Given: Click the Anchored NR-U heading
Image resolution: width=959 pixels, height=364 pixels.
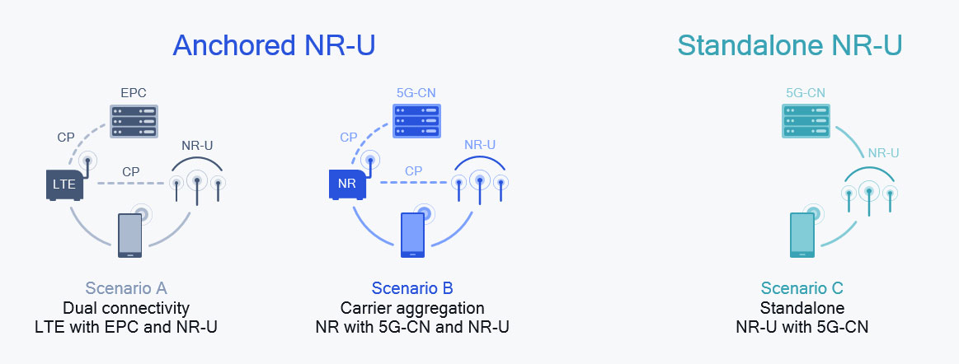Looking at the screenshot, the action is pyautogui.click(x=274, y=46).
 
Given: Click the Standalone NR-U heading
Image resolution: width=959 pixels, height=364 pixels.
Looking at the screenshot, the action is pyautogui.click(x=790, y=46).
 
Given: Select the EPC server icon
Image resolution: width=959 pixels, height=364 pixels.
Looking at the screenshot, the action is pyautogui.click(x=134, y=122).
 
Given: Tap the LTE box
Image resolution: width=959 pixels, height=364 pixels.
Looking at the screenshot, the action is pyautogui.click(x=64, y=185).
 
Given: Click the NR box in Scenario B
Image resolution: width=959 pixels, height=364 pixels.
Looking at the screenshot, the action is pyautogui.click(x=347, y=185).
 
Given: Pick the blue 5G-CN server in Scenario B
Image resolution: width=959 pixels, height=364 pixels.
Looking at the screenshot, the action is pyautogui.click(x=416, y=121).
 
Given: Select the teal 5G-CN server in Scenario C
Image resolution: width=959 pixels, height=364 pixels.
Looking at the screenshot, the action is pyautogui.click(x=806, y=121).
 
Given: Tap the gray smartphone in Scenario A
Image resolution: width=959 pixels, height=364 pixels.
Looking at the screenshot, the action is pyautogui.click(x=129, y=236).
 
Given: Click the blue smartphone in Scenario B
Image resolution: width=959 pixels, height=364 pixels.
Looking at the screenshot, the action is pyautogui.click(x=412, y=236).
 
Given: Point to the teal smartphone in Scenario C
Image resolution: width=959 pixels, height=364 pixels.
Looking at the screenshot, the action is pyautogui.click(x=802, y=236).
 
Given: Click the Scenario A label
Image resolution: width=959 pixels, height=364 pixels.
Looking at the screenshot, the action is pyautogui.click(x=126, y=288).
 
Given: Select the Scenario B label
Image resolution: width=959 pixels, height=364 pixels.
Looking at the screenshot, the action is pyautogui.click(x=412, y=288).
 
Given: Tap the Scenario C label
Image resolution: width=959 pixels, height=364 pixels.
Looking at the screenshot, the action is pyautogui.click(x=802, y=288).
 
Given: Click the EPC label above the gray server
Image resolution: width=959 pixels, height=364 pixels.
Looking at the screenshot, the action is pyautogui.click(x=134, y=93).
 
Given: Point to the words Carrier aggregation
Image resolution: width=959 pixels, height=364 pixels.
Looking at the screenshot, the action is pyautogui.click(x=412, y=308).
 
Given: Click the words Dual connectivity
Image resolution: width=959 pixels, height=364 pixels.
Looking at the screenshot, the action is pyautogui.click(x=126, y=308).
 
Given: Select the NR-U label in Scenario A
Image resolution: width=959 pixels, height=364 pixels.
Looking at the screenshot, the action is pyautogui.click(x=198, y=146).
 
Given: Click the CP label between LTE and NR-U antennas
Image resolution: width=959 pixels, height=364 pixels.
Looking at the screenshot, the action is pyautogui.click(x=131, y=171).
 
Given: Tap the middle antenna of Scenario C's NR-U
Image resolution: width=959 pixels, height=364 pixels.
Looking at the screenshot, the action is pyautogui.click(x=869, y=198).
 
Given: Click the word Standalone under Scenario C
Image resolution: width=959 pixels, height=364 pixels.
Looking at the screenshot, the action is pyautogui.click(x=802, y=308).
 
